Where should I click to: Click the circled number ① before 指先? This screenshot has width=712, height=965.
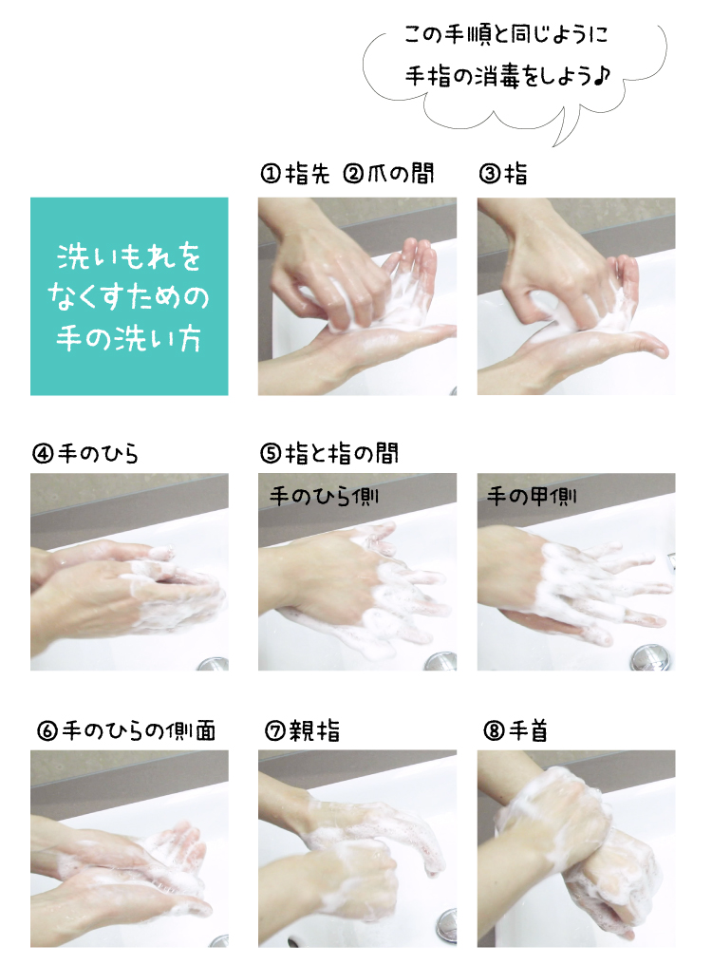(271, 174)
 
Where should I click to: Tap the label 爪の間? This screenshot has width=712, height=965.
(401, 174)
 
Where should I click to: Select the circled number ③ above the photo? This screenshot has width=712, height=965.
(489, 174)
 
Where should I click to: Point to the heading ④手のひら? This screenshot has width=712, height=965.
(84, 454)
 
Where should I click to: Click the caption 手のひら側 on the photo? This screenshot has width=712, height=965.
(324, 497)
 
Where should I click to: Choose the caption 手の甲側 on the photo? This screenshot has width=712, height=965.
(532, 496)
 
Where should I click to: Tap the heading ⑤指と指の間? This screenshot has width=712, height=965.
(329, 454)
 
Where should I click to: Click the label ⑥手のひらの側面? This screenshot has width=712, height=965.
(126, 731)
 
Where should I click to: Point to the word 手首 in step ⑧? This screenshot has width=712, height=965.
(528, 731)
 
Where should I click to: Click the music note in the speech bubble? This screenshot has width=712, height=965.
(603, 76)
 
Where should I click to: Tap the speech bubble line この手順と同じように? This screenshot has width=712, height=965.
(505, 34)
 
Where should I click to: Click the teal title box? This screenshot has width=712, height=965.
(129, 296)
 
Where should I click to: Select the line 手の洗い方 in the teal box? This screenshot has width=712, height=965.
(128, 339)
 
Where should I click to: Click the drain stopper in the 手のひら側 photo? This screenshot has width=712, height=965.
(440, 661)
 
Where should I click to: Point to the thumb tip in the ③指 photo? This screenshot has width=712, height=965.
(661, 350)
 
